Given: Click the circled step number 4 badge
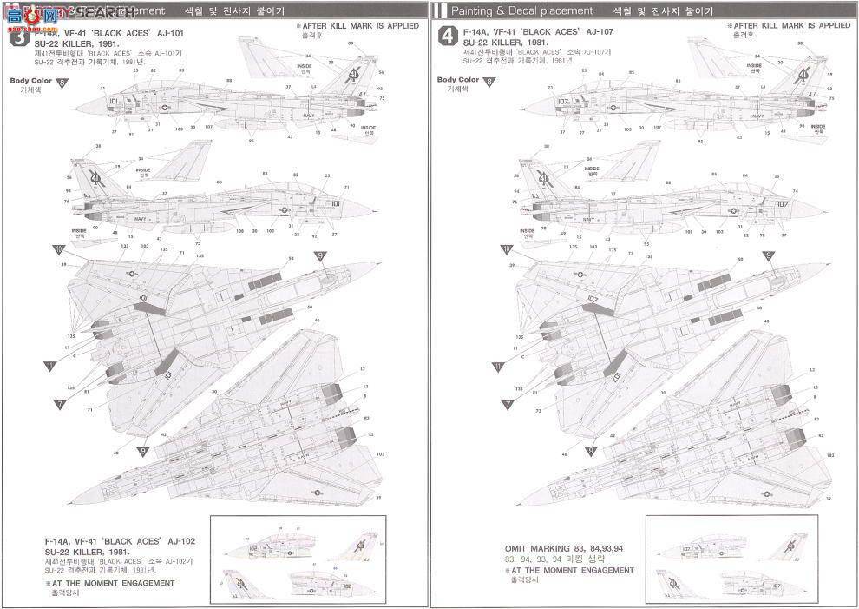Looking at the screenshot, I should tap(447, 36).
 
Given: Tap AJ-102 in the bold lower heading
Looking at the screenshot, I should tap(180, 541).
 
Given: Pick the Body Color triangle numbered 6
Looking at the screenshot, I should tap(61, 83).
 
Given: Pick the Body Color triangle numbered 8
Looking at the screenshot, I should tap(489, 83).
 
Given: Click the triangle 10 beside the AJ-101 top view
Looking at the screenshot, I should tap(58, 249).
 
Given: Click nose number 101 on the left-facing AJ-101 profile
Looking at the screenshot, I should tap(113, 102).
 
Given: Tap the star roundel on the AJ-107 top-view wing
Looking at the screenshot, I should tap(561, 274).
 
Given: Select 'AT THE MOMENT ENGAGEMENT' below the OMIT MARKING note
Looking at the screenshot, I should tap(573, 570).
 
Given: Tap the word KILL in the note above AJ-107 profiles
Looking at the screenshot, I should tap(771, 26).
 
